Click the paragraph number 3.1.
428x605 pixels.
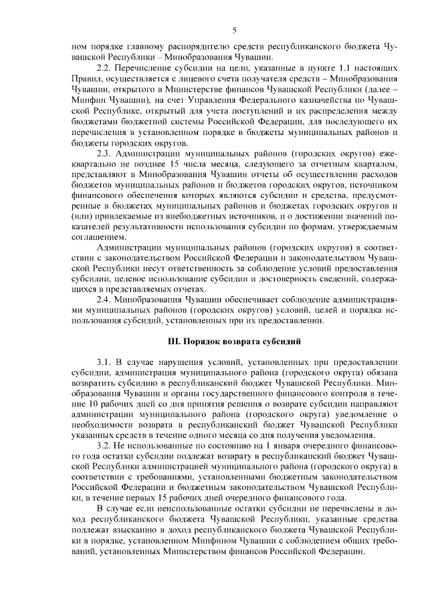[x=106, y=362]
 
